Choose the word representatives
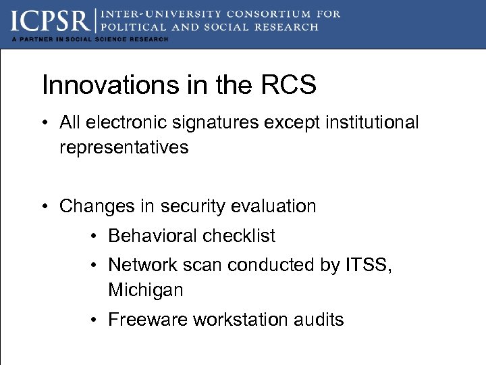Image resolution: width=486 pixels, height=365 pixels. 124,147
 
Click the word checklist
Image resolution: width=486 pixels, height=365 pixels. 241,236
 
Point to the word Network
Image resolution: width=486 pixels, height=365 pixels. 141,265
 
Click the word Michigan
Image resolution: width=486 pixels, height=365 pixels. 145,291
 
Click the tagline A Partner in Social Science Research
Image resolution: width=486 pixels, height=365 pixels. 89,39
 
